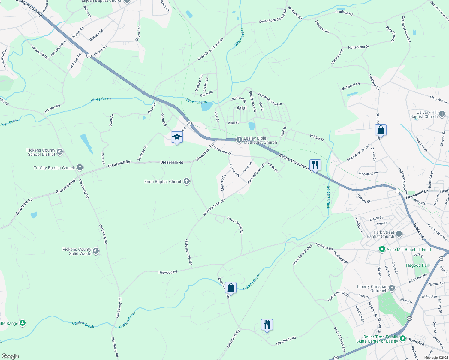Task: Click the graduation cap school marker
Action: (176, 137)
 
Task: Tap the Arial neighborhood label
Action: (241, 108)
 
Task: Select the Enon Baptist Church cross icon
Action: (187, 181)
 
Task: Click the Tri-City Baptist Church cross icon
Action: (80, 167)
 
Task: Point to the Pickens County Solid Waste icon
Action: (96, 251)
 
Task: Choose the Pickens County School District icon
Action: (60, 152)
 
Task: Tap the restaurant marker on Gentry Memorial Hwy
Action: (315, 165)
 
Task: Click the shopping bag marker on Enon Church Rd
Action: (231, 288)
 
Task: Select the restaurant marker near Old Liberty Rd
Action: (267, 325)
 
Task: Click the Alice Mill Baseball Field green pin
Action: (382, 249)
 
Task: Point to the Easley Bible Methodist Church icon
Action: (239, 139)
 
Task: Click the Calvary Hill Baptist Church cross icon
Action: (442, 114)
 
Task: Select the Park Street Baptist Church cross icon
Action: (399, 234)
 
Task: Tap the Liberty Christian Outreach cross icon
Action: (392, 288)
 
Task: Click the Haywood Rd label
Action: (168, 272)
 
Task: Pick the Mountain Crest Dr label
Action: (270, 99)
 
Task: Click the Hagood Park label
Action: (418, 265)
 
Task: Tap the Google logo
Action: (10, 356)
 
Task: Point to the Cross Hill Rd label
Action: (222, 151)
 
